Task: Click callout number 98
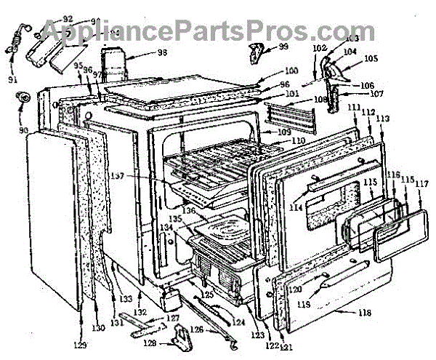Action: (161, 53)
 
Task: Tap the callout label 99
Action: (283, 47)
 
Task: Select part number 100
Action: (291, 71)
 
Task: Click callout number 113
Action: (383, 119)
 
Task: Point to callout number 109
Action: (283, 132)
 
